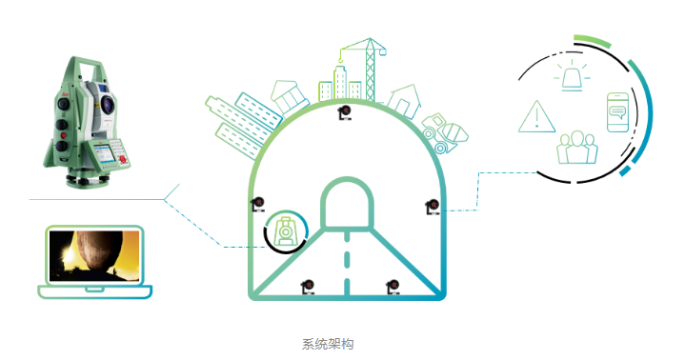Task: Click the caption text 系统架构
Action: [x=328, y=344]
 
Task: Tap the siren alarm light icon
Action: [x=572, y=76]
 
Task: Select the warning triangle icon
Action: [x=537, y=116]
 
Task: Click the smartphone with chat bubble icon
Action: [x=617, y=112]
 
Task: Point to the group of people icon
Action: [x=577, y=148]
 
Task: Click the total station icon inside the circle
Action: [x=286, y=231]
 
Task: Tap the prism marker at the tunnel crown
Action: [x=345, y=112]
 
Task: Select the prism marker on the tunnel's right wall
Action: [x=433, y=207]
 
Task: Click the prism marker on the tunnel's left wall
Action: [x=258, y=204]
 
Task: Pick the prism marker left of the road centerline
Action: [x=308, y=287]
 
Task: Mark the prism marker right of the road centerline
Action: [x=393, y=287]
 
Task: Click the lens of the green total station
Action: [x=108, y=104]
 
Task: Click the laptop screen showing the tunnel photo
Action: [x=94, y=255]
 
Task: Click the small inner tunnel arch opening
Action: [x=348, y=203]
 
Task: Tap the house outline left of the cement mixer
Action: [x=404, y=102]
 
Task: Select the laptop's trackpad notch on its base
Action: [x=94, y=290]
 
